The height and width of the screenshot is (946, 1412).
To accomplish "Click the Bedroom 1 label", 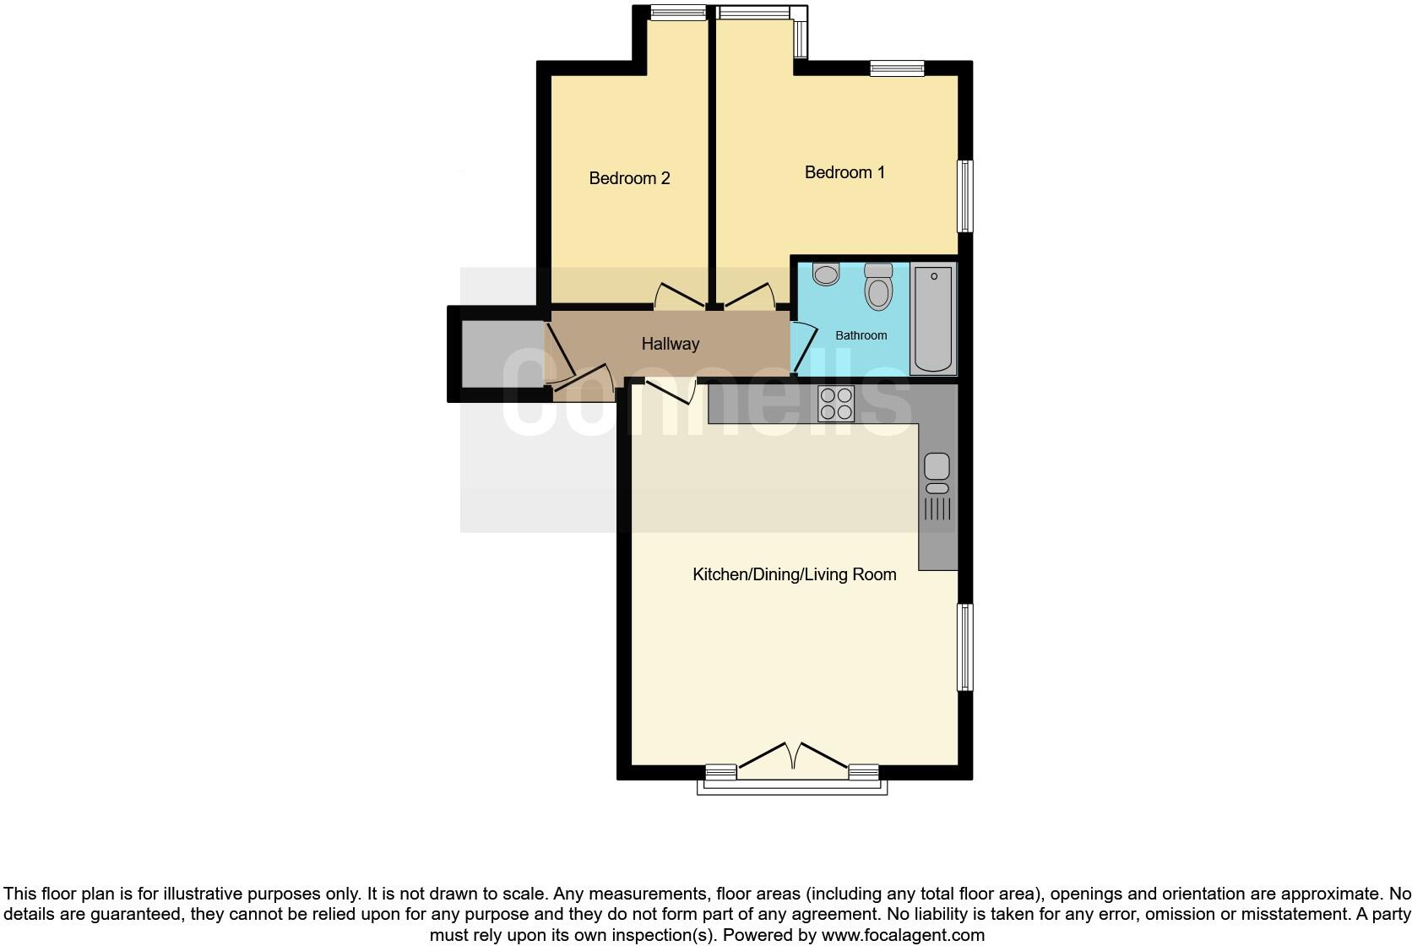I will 844,172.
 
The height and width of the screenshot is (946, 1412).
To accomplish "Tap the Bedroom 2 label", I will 629,178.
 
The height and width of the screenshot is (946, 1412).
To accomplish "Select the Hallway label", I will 670,344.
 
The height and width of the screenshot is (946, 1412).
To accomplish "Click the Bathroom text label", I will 861,335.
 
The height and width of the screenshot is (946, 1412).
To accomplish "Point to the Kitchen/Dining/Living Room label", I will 794,574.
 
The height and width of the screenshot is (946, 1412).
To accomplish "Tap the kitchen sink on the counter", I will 937,467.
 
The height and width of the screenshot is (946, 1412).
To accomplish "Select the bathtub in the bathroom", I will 933,319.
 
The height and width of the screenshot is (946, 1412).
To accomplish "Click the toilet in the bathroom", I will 878,286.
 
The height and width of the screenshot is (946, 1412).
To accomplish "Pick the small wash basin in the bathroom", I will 826,274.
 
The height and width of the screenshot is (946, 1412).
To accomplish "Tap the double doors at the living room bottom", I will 793,758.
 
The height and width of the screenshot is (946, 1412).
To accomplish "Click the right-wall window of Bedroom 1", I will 964,196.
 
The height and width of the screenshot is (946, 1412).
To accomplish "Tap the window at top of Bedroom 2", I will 678,13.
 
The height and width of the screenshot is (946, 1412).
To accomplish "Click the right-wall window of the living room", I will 964,647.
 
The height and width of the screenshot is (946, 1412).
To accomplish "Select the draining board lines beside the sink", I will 937,509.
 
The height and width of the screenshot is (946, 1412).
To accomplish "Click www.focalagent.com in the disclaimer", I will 903,935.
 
